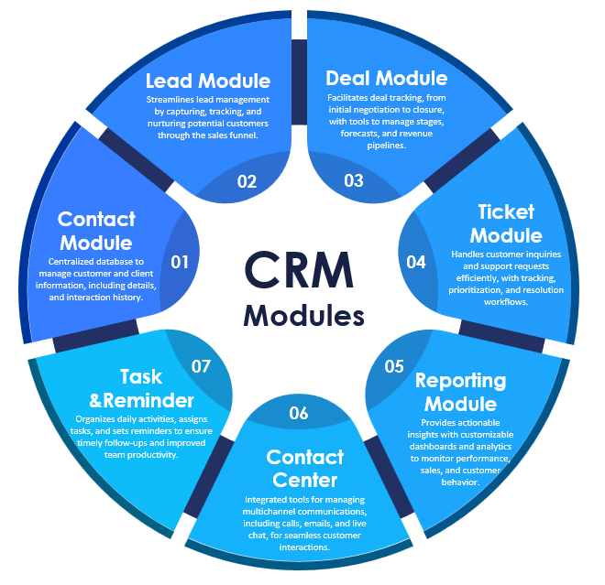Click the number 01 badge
[x=180, y=262]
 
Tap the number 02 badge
[x=247, y=180]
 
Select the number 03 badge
[x=354, y=180]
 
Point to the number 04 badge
[x=416, y=262]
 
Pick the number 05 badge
[x=394, y=366]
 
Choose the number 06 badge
[x=299, y=413]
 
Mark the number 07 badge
[x=202, y=366]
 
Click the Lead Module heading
[x=209, y=81]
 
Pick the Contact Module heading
[x=96, y=231]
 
